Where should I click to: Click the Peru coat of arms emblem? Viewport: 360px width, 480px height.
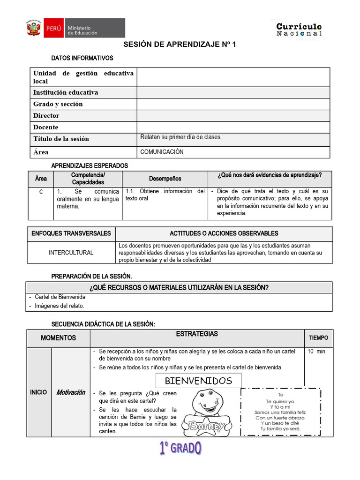[32, 28]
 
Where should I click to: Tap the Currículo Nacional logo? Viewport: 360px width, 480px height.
[299, 30]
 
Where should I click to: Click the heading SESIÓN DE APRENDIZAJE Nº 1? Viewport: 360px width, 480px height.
[180, 45]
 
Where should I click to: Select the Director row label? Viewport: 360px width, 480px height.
[46, 115]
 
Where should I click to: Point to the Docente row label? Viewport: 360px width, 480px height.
[46, 127]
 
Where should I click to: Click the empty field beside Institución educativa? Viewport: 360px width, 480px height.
[233, 92]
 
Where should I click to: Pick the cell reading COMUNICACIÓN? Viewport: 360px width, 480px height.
[162, 152]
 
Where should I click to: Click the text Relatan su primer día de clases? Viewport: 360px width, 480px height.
[181, 137]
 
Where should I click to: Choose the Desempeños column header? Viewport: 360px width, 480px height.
[165, 179]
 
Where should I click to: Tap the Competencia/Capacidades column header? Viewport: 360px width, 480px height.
[88, 179]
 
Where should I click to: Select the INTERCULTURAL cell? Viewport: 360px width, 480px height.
[71, 253]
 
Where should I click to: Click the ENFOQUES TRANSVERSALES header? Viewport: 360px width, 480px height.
[71, 233]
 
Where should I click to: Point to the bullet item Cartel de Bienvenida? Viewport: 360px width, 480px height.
[60, 297]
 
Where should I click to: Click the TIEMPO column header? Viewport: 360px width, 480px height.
[318, 337]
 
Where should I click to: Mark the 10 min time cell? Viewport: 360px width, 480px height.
[316, 352]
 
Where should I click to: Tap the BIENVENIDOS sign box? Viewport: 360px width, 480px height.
[198, 381]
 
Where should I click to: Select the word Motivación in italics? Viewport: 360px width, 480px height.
[71, 392]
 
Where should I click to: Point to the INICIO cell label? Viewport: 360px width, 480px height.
[38, 392]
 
